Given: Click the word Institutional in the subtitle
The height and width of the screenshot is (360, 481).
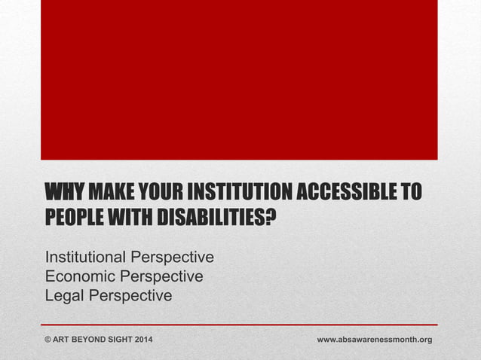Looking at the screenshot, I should pos(87,257).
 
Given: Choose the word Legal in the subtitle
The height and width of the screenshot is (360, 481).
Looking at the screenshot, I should pos(65,296).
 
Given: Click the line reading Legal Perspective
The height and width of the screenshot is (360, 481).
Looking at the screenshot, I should pos(109,296).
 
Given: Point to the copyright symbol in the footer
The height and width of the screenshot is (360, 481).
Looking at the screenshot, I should pos(49,340).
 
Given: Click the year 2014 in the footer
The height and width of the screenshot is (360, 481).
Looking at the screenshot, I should pos(142,340).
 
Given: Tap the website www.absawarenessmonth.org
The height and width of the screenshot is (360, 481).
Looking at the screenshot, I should pos(374,340).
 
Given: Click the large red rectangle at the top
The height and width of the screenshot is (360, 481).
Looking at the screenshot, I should pos(239,79).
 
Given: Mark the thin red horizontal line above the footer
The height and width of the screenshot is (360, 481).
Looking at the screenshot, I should pos(239,325).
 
